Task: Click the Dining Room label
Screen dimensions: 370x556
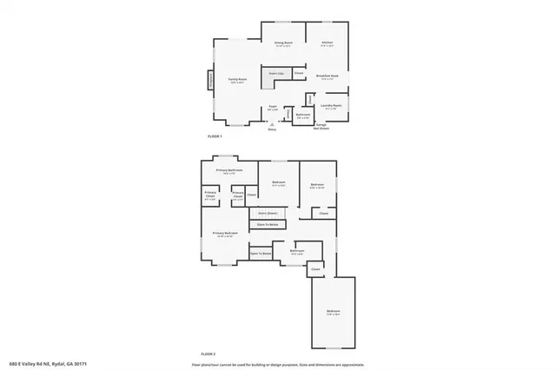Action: (x=283, y=43)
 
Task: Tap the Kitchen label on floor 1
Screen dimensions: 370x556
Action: (x=327, y=43)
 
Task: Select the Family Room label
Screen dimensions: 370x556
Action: (x=237, y=80)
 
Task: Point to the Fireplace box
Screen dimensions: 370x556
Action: (x=209, y=82)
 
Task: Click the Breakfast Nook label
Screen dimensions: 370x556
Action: (x=327, y=77)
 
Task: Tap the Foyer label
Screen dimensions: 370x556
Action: (x=272, y=107)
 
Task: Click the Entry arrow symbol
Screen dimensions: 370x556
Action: (x=272, y=125)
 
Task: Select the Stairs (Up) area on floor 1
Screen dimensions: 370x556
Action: (x=277, y=75)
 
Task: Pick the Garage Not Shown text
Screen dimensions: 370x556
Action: (x=321, y=127)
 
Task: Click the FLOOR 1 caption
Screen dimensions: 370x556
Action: (x=214, y=137)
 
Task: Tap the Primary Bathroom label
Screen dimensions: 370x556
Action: (x=228, y=170)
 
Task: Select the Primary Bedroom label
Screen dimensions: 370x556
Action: (x=224, y=234)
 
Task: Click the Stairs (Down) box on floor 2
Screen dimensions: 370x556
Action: (x=268, y=213)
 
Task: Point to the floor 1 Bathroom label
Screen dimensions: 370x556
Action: (x=303, y=115)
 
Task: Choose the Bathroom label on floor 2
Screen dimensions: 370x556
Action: (x=297, y=251)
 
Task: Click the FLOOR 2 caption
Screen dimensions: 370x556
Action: (x=208, y=354)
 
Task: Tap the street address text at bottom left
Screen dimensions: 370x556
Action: (x=49, y=364)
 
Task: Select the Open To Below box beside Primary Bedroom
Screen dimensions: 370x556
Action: (x=261, y=254)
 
